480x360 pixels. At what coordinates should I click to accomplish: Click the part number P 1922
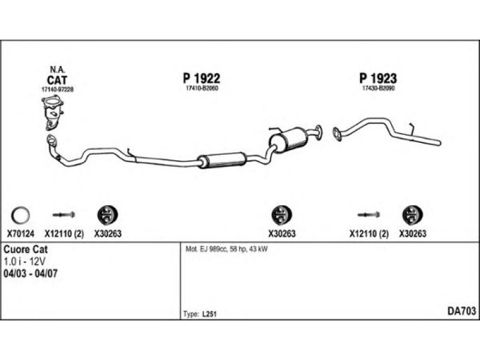coord(201,79)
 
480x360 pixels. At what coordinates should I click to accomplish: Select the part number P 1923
coord(378,79)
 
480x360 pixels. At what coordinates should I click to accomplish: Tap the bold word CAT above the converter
coord(57,79)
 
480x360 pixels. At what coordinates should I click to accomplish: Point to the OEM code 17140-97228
coord(57,89)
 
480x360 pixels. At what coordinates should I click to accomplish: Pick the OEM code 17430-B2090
coord(378,89)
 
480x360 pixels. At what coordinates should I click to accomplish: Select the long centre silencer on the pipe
coord(223,160)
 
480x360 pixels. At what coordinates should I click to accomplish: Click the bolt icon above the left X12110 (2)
coord(64,214)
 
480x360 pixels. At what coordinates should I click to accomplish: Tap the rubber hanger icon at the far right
coord(411,214)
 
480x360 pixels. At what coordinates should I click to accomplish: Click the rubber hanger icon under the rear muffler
coord(279,214)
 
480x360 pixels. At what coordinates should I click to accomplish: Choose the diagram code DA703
coord(461,311)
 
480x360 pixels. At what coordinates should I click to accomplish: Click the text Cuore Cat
coord(26,249)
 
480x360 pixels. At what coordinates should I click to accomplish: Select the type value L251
coord(209,314)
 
